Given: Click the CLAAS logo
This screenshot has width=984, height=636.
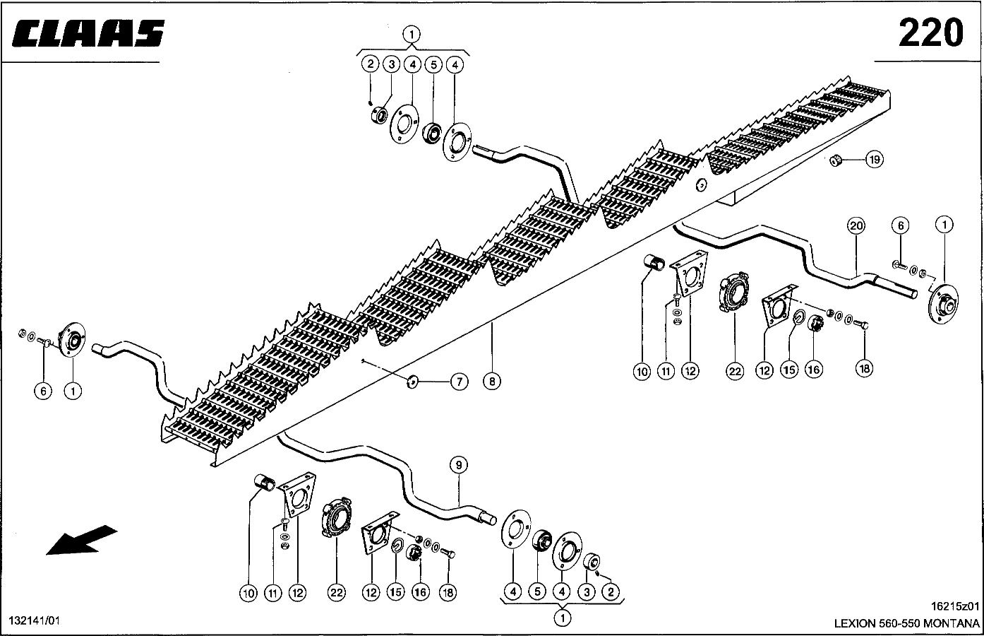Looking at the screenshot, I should [88, 33].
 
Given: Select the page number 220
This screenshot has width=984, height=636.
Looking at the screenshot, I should [930, 33].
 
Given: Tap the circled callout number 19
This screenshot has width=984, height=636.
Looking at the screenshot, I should [874, 160].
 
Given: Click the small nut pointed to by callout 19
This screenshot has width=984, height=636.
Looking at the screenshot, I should [835, 160].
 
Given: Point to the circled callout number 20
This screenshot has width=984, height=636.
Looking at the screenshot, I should [856, 226].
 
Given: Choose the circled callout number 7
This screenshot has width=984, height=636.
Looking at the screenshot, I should [459, 382].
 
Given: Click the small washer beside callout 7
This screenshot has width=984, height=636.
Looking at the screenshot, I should [414, 382].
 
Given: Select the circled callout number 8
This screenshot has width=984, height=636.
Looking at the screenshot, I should [491, 382].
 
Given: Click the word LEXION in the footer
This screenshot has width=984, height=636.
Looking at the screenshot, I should [855, 623].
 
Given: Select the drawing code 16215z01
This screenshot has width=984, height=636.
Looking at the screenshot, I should [955, 606].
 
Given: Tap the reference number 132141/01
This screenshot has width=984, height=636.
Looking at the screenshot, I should [35, 620].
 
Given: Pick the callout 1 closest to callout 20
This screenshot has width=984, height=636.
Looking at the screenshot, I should [944, 226].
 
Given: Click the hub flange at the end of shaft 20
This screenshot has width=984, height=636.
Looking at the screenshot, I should [942, 302].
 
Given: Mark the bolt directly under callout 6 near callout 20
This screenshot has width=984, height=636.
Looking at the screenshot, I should [899, 265].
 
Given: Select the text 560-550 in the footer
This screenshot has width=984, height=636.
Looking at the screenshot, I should [899, 623].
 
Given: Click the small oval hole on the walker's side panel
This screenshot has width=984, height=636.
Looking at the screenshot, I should [702, 185].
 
